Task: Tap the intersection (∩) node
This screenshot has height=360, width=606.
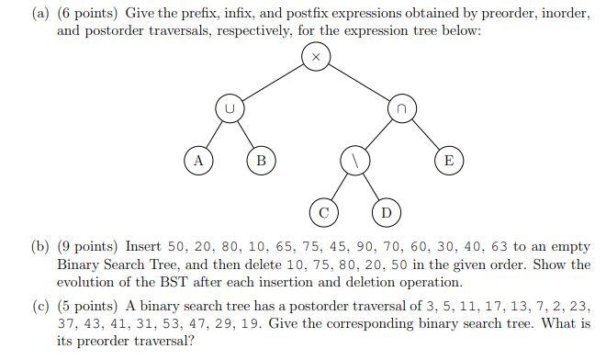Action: click(x=401, y=108)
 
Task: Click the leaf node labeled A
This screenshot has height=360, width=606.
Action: click(x=196, y=161)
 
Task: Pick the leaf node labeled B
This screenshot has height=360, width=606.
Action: click(x=261, y=161)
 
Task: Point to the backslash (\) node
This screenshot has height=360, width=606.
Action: click(x=354, y=160)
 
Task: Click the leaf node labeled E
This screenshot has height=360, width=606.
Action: click(x=448, y=161)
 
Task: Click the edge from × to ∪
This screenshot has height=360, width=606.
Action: click(x=272, y=82)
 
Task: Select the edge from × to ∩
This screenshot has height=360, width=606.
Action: click(x=358, y=82)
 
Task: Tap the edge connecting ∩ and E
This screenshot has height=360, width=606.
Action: click(x=425, y=135)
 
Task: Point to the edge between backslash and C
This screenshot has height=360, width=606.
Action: click(x=339, y=186)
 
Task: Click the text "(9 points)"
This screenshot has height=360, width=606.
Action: click(x=88, y=246)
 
